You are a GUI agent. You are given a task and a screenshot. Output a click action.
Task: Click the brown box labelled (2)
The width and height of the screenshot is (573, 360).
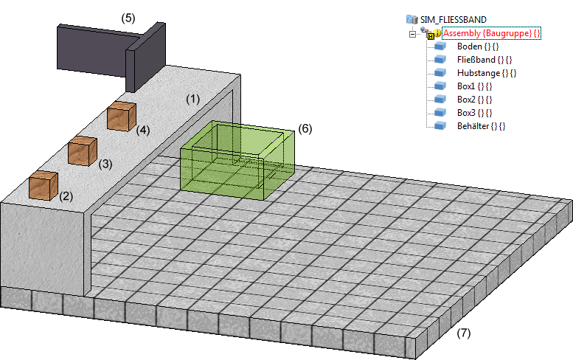click(x=44, y=185)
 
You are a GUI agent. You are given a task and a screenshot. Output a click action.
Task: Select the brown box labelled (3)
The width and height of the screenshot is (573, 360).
click(x=83, y=150)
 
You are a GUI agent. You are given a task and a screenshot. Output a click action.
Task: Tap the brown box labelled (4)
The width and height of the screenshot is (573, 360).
click(x=121, y=117)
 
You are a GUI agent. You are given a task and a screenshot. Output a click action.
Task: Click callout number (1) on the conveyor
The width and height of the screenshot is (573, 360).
click(x=192, y=98)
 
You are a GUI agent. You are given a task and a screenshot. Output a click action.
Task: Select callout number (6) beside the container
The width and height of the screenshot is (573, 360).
click(x=305, y=128)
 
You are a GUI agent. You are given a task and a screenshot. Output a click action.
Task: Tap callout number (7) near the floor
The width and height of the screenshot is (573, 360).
click(x=463, y=333)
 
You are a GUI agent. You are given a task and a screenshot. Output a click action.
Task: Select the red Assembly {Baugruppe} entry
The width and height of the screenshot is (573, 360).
click(x=491, y=33)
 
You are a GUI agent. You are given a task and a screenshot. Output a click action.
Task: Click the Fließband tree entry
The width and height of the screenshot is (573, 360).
click(x=485, y=60)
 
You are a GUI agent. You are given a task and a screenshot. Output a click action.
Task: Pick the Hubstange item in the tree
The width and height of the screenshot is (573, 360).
click(x=487, y=73)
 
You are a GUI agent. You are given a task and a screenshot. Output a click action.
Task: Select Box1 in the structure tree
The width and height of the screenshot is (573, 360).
click(x=474, y=86)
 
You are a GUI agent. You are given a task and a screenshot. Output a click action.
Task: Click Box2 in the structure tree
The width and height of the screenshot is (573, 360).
click(x=474, y=100)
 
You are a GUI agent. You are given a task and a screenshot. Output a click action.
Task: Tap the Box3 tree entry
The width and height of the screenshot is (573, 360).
click(x=474, y=113)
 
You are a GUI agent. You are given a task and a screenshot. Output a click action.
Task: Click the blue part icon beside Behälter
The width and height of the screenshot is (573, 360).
click(x=441, y=126)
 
